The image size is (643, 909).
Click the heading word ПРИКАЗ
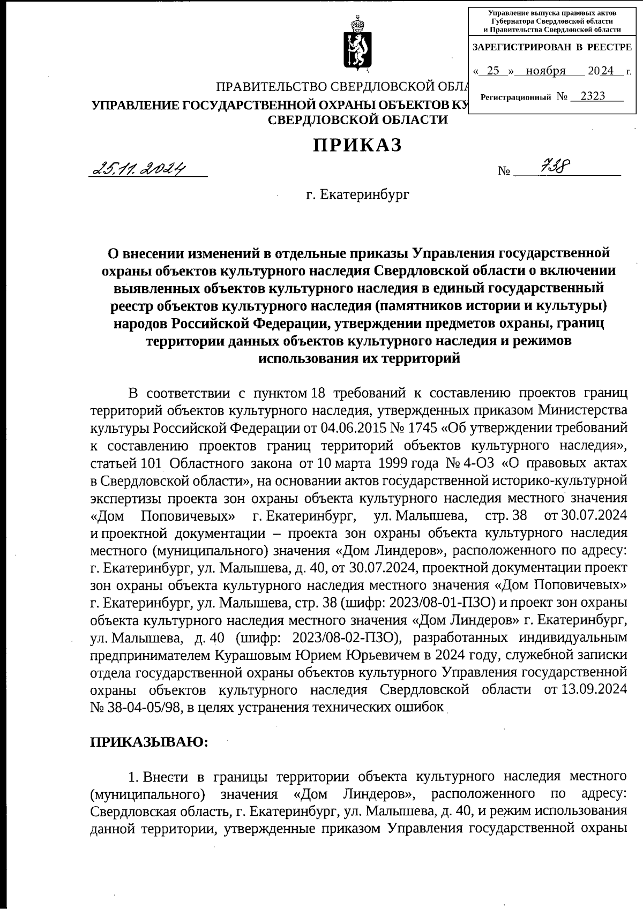(x=357, y=145)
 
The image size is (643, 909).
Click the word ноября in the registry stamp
(x=545, y=71)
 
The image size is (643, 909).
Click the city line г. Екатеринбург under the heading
(x=357, y=194)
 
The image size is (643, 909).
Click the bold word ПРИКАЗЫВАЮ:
(x=148, y=742)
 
